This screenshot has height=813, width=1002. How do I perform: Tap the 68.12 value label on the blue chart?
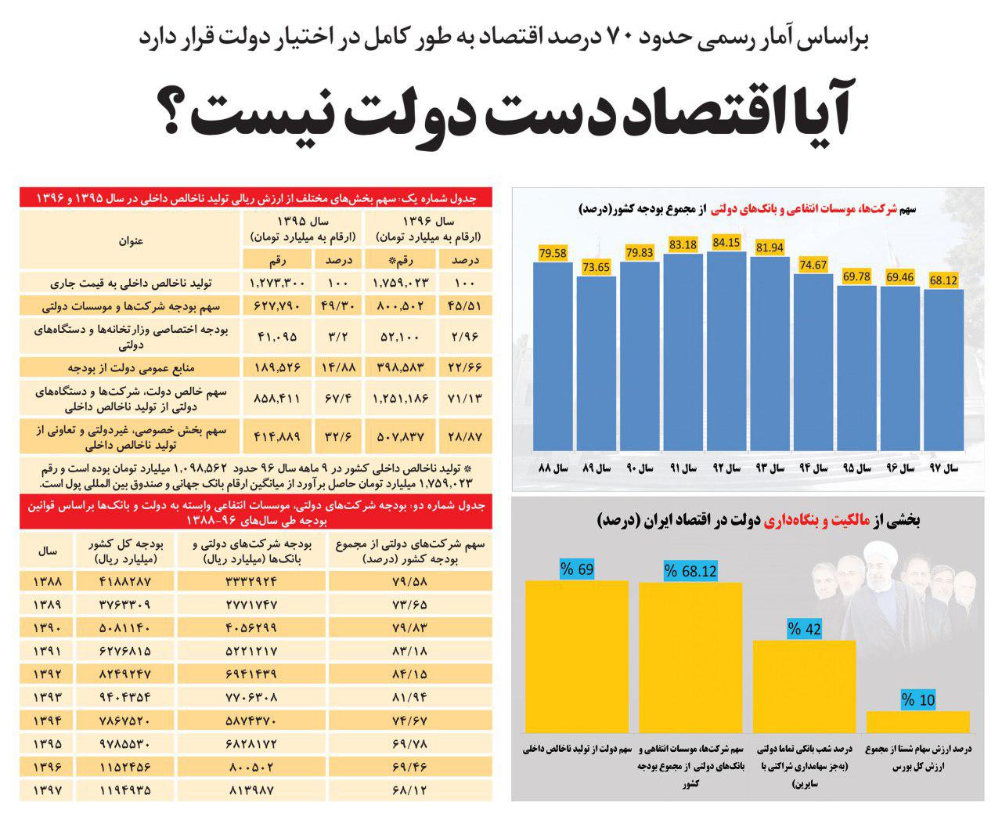pos(943,280)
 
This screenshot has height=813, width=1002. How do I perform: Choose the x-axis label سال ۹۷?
pos(944,469)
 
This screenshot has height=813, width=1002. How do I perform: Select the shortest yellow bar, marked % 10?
pos(917,721)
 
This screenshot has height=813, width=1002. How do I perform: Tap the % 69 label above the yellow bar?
pos(577,569)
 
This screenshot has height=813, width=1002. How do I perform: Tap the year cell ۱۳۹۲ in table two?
pos(47,673)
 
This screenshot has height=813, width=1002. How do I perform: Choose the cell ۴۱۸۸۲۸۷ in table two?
pos(124,582)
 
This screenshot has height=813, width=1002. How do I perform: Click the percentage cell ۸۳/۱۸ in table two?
pos(410,650)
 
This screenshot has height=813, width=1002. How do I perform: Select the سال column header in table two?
pos(47,551)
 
